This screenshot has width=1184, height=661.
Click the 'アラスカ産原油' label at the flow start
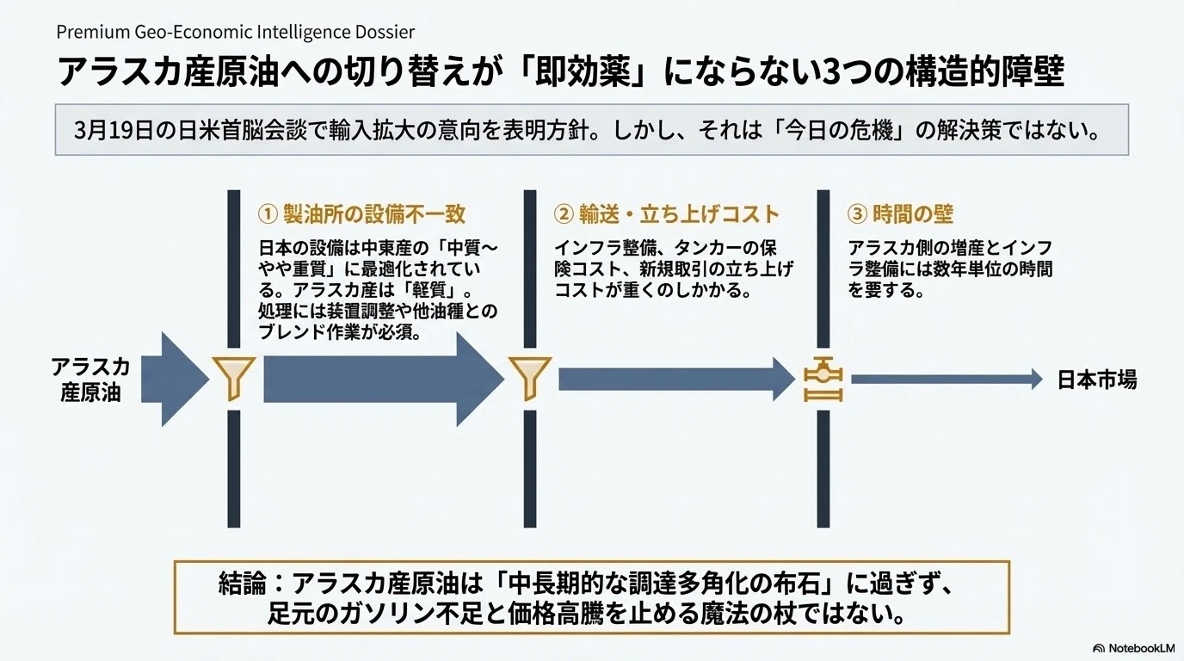[x=90, y=380]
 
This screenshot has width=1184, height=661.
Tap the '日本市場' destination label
[x=1096, y=380]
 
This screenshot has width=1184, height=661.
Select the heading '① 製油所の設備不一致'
[x=361, y=214]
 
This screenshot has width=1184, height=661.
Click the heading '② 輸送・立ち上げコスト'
[x=667, y=214]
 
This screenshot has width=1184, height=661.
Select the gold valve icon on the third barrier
[x=823, y=380]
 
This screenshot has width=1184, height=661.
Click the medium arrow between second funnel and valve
[x=675, y=380]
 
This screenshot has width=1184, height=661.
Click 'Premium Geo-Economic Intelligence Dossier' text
[x=235, y=32]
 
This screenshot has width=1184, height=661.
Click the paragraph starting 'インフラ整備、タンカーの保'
[x=673, y=269]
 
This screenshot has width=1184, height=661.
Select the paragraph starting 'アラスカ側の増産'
[x=949, y=269]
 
